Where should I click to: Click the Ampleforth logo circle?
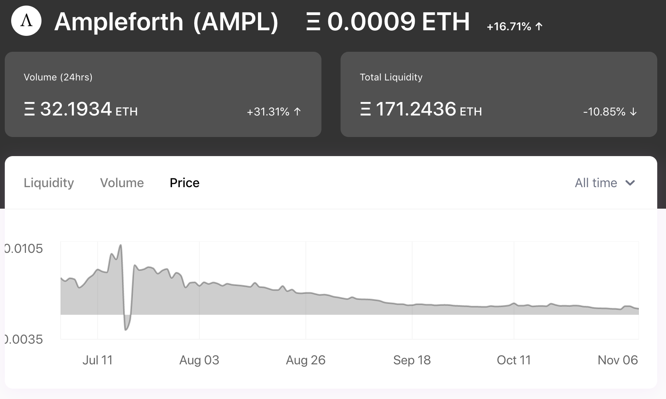click(26, 21)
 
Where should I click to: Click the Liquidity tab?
click(49, 183)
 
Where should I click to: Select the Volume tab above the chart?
click(122, 183)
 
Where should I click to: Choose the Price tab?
click(184, 183)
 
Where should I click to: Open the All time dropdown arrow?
click(630, 183)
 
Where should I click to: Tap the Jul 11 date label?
click(97, 360)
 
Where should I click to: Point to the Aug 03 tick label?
click(199, 360)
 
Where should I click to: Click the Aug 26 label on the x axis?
click(305, 360)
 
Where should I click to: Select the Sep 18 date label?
click(412, 360)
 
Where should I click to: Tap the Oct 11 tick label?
click(514, 360)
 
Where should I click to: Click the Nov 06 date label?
click(617, 360)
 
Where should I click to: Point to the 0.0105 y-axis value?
click(24, 248)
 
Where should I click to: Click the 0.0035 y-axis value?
click(24, 339)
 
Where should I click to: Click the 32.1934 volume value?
click(76, 109)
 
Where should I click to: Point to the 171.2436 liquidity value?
click(416, 109)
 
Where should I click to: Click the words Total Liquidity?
click(391, 77)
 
